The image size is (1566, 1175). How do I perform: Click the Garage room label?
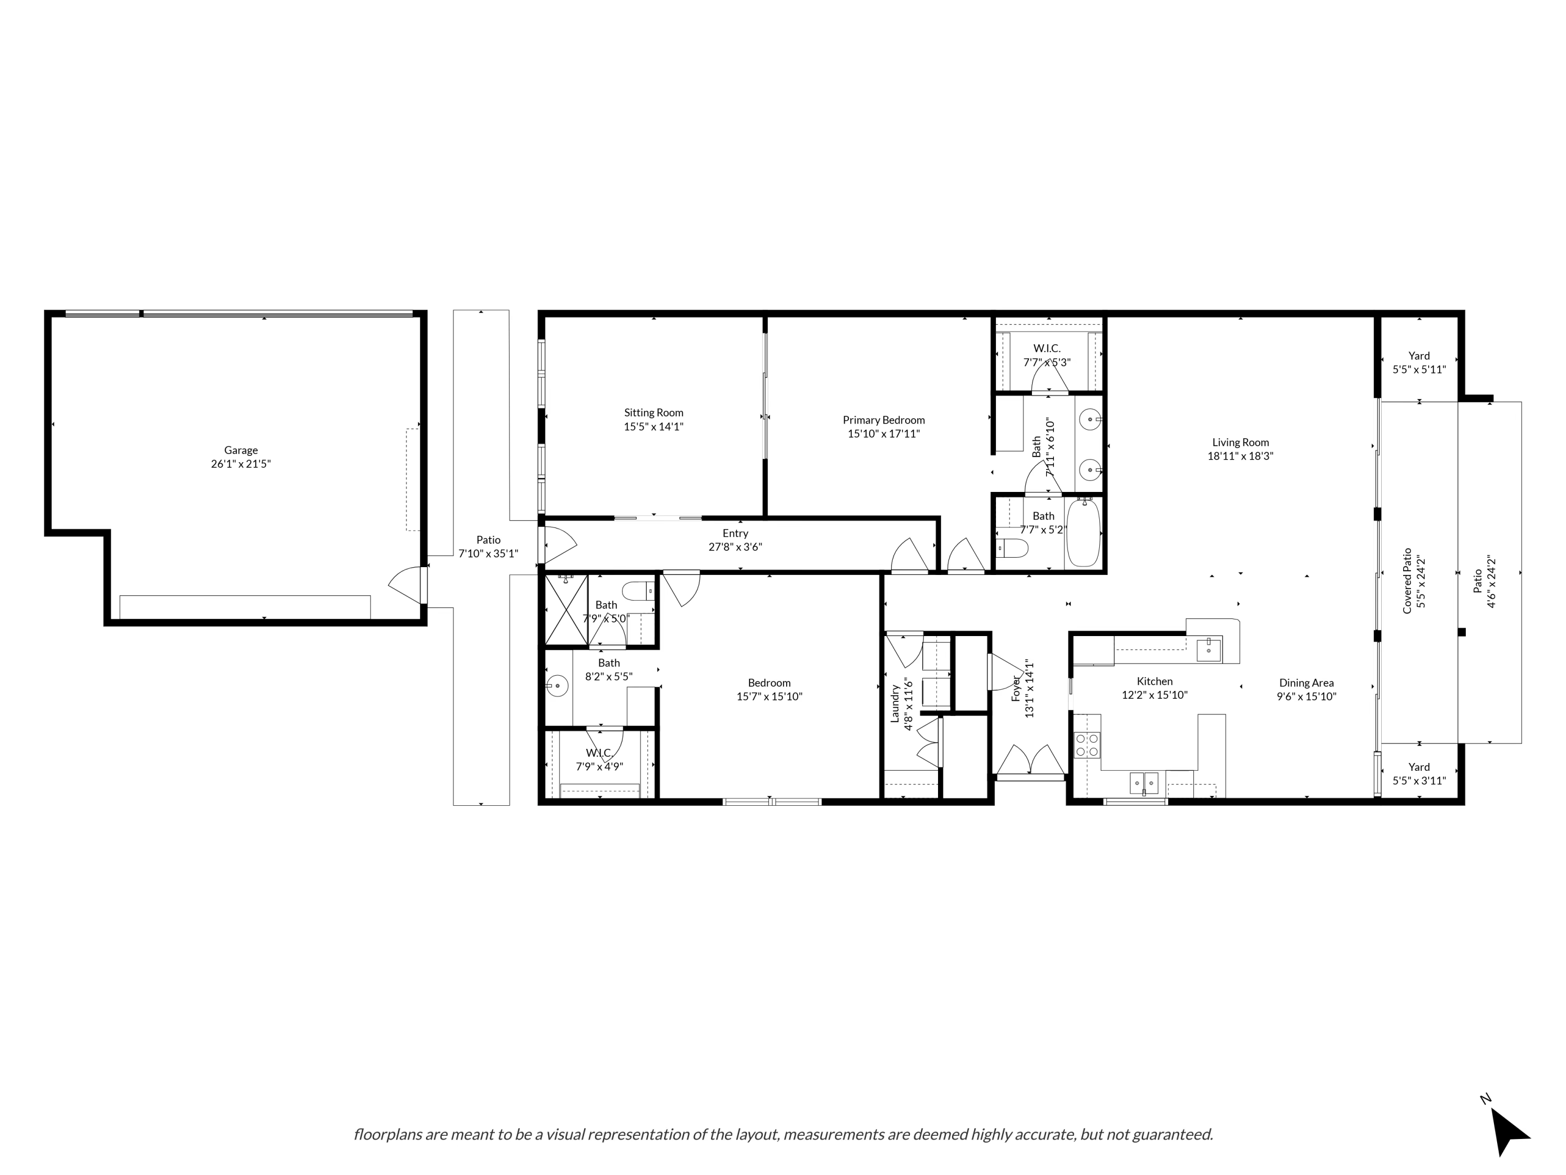point(241,450)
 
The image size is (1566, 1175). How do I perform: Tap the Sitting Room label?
point(654,412)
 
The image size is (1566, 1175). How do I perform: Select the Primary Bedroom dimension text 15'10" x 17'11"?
point(884,433)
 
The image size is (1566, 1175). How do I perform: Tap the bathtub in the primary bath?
point(1083,533)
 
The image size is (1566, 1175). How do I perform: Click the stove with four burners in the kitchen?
point(1087,745)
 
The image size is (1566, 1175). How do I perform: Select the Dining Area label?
point(1306,683)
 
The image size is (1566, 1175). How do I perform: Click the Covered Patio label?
point(1407,580)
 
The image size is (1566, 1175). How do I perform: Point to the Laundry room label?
point(894,703)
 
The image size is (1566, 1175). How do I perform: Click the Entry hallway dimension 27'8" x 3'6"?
point(735,547)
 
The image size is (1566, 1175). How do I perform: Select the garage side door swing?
point(405,585)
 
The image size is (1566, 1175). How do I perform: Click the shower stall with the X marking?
point(566,610)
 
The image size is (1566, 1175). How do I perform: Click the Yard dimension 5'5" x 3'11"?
point(1419,781)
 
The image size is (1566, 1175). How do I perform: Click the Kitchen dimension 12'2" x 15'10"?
point(1155,695)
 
